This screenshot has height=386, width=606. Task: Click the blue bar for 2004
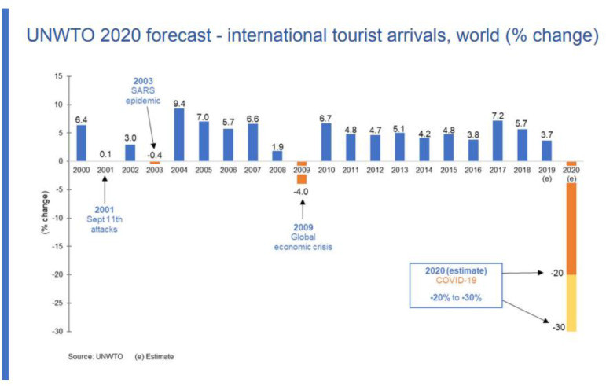point(179,134)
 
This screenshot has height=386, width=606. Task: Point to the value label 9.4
point(179,103)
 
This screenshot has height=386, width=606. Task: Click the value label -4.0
point(301,191)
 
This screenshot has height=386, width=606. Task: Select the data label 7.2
point(496,115)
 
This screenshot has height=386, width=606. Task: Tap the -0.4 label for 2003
point(155,154)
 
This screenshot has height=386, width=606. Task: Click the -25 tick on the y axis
point(55,303)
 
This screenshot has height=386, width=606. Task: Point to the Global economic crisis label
point(302,237)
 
